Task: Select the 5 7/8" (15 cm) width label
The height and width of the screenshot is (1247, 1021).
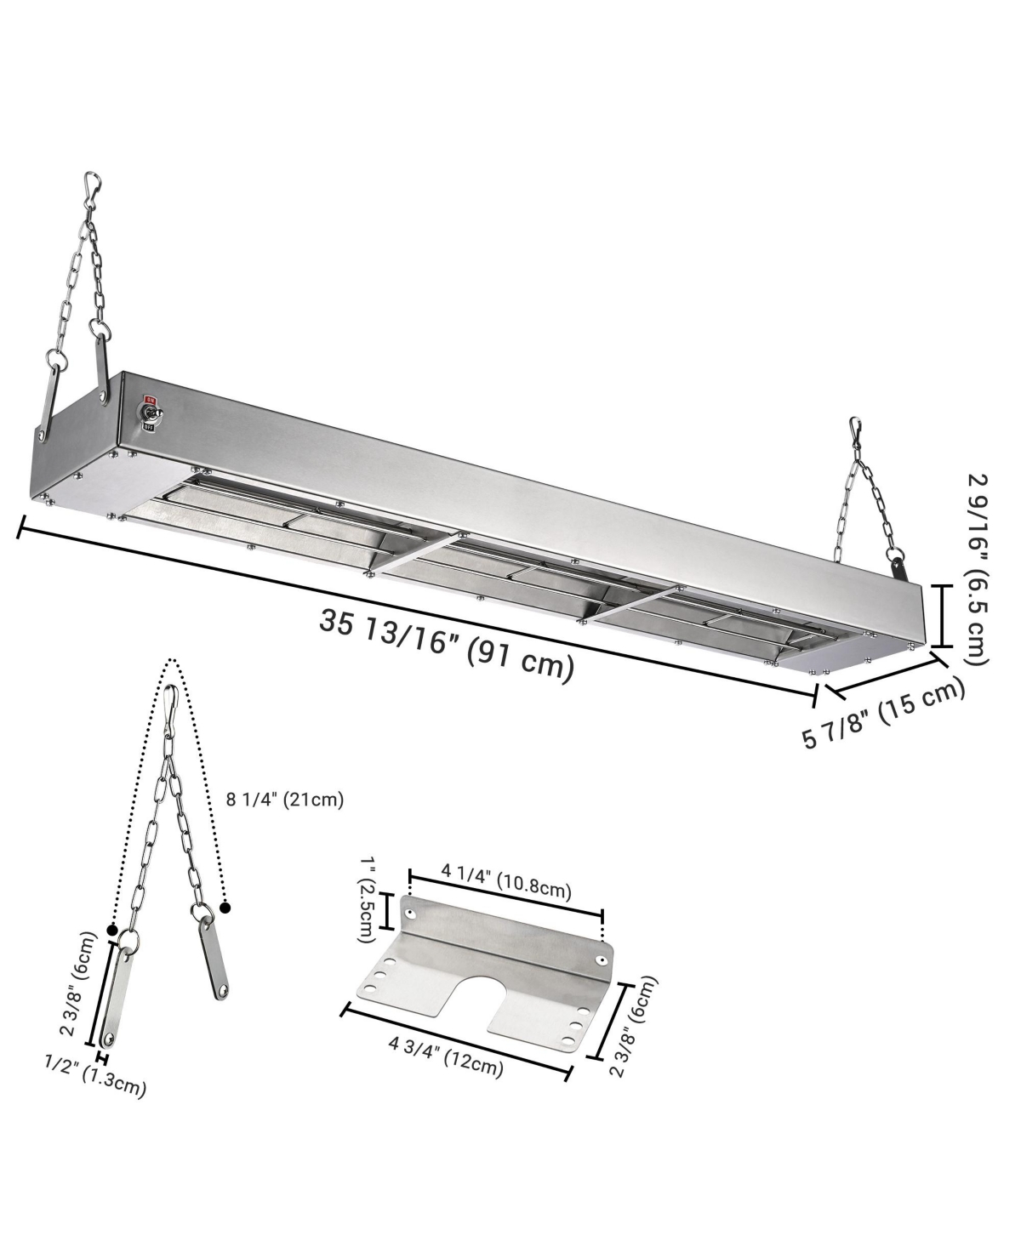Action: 885,712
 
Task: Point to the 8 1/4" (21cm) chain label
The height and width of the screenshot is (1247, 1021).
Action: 285,800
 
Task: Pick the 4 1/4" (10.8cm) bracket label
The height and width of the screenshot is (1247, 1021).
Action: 505,881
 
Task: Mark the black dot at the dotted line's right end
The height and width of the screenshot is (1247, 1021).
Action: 225,908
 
